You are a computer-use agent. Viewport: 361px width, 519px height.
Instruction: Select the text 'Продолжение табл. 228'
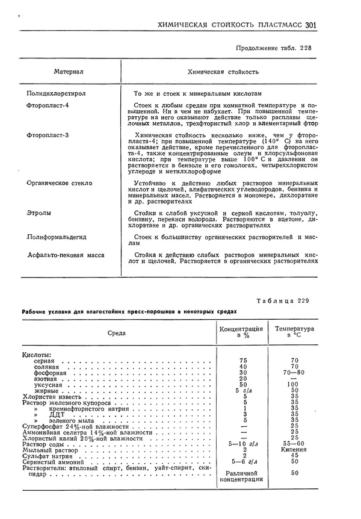point(274,48)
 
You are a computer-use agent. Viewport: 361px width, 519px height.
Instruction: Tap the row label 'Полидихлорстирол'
point(58,94)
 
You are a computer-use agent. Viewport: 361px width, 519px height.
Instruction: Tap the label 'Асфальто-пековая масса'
point(66,255)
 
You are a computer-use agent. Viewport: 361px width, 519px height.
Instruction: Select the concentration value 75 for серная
point(243,360)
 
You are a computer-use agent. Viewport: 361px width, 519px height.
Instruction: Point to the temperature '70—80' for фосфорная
point(294,373)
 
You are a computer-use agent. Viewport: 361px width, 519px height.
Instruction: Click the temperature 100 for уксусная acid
point(294,384)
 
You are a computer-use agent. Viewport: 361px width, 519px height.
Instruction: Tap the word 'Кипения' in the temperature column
point(294,449)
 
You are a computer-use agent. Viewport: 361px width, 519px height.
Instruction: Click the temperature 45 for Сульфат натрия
point(294,455)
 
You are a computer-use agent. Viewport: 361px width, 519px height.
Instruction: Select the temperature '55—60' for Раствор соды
point(294,443)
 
